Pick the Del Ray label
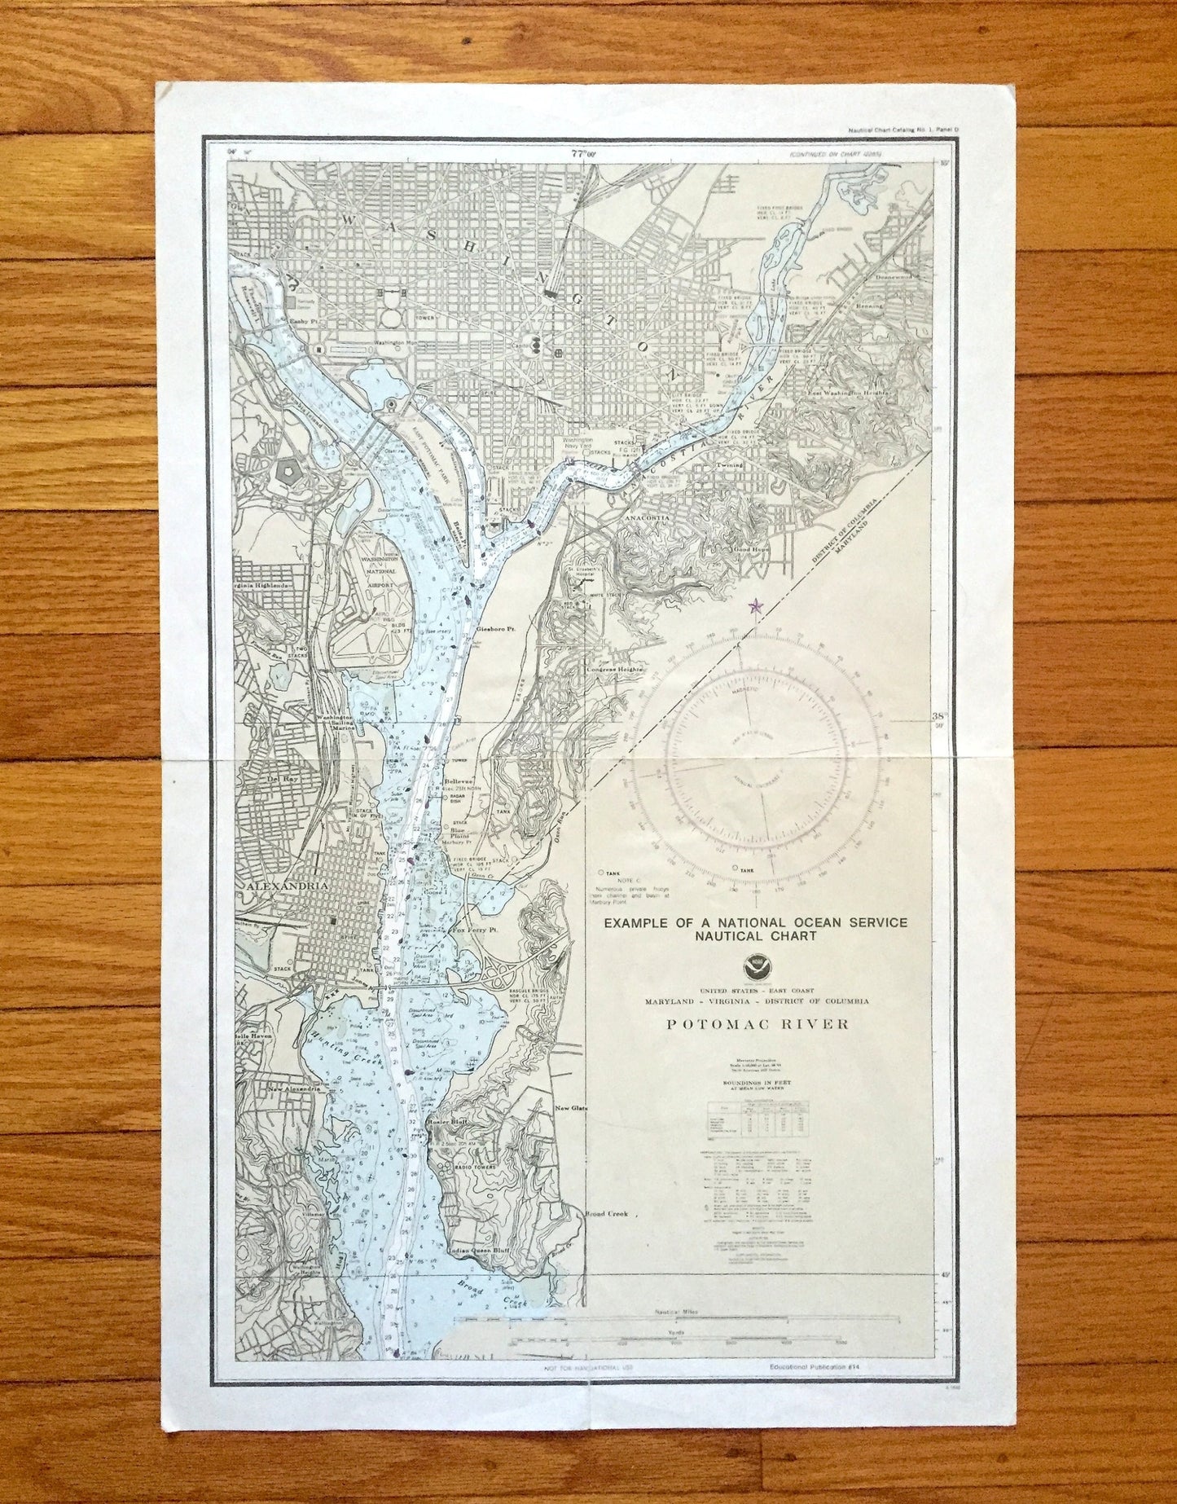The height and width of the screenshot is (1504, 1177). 279,778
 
